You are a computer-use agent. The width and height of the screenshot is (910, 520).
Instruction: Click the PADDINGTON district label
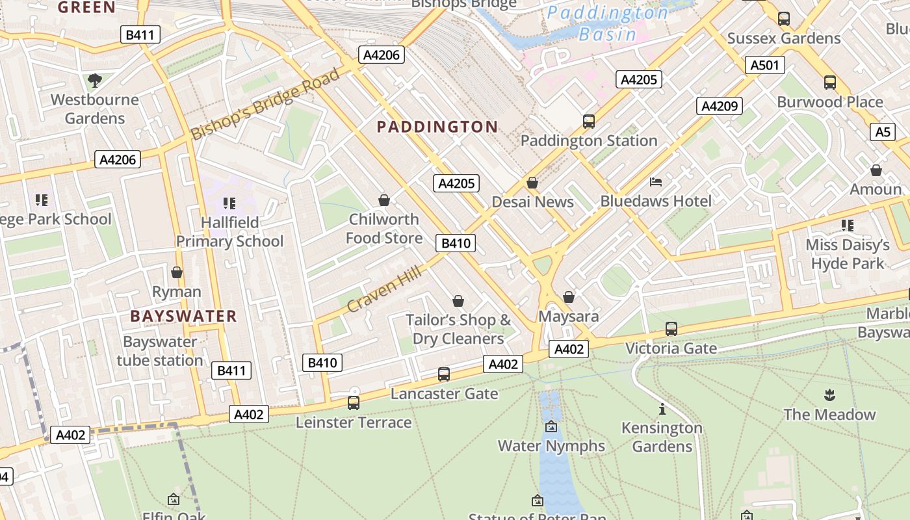pyautogui.click(x=437, y=127)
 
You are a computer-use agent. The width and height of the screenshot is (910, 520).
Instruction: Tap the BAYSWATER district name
pyautogui.click(x=183, y=317)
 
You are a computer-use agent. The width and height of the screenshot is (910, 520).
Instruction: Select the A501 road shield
pyautogui.click(x=766, y=65)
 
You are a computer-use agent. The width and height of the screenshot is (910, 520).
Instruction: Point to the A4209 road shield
pyautogui.click(x=720, y=106)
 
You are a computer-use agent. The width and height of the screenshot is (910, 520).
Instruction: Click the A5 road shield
pyautogui.click(x=882, y=132)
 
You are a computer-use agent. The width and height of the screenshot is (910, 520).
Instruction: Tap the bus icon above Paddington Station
pyautogui.click(x=589, y=121)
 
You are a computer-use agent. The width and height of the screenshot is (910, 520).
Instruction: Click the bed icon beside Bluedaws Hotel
pyautogui.click(x=656, y=181)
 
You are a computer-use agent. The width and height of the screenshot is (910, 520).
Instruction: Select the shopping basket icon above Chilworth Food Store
pyautogui.click(x=384, y=200)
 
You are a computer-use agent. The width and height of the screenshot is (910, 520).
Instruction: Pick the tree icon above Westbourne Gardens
pyautogui.click(x=95, y=81)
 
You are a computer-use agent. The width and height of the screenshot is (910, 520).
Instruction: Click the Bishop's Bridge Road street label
pyautogui.click(x=265, y=103)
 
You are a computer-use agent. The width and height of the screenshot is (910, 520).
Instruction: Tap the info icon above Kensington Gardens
pyautogui.click(x=662, y=409)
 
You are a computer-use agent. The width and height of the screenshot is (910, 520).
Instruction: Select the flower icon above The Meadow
pyautogui.click(x=829, y=395)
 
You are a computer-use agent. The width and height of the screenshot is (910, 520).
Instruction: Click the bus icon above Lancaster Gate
pyautogui.click(x=444, y=374)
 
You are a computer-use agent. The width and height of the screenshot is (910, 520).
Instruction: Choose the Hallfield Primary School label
pyautogui.click(x=229, y=232)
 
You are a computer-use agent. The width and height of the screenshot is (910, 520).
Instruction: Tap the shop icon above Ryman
pyautogui.click(x=176, y=272)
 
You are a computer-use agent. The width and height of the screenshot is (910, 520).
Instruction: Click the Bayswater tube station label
pyautogui.click(x=160, y=351)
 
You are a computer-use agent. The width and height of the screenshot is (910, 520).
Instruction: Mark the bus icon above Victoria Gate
pyautogui.click(x=671, y=329)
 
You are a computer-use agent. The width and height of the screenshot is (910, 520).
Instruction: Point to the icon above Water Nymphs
pyautogui.click(x=551, y=426)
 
